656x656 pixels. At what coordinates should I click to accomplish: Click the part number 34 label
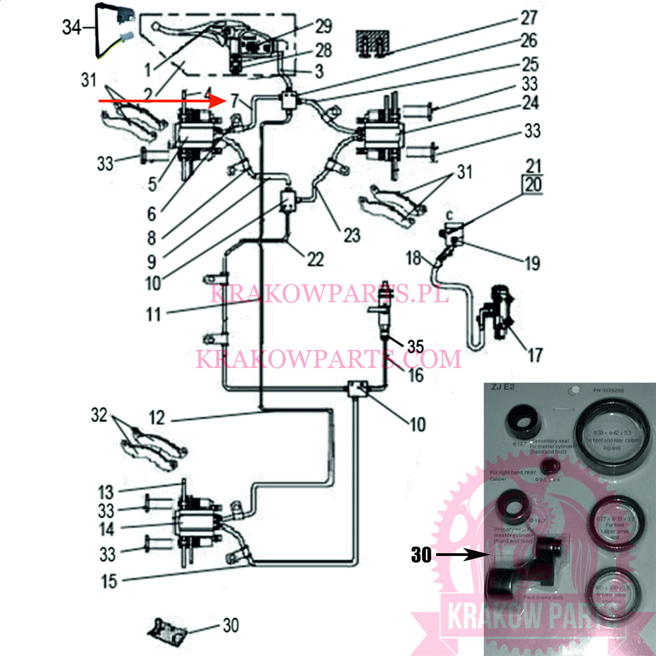point(72,27)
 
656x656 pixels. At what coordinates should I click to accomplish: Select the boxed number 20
point(533,185)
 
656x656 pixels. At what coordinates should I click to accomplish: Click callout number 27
point(529,17)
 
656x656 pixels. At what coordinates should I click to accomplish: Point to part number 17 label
point(535,355)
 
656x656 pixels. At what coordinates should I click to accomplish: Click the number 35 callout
point(415,346)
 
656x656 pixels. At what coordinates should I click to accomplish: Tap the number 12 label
point(157,418)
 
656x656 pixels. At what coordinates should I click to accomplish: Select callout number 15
point(109,581)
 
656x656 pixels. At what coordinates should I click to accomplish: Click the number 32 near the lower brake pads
point(99,415)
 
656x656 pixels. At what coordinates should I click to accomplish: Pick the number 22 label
point(315,259)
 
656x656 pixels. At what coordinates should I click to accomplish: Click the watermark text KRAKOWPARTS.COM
point(329,359)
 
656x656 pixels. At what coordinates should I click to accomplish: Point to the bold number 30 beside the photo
point(421,555)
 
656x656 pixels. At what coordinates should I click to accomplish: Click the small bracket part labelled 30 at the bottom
point(168,632)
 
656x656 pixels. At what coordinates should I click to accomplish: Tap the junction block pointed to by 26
point(289,100)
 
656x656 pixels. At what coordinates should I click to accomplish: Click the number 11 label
point(154,314)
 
